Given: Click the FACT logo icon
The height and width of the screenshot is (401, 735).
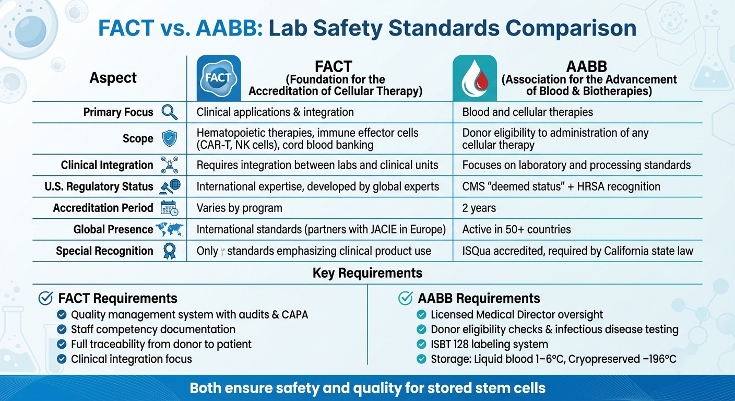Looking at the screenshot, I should tap(218, 78).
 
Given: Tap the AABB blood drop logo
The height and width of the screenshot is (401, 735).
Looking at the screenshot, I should tap(475, 78).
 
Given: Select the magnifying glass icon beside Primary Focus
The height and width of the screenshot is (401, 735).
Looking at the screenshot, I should tap(170, 112).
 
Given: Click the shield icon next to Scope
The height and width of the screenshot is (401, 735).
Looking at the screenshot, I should tap(170, 138).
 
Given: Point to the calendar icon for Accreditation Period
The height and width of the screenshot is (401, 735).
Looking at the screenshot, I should tap(170, 208).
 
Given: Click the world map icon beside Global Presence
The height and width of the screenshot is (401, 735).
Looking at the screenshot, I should tap(168, 229).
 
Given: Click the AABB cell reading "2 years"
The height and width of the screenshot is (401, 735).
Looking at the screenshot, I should tap(479, 208).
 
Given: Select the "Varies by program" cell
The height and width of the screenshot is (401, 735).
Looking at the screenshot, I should tap(239, 208).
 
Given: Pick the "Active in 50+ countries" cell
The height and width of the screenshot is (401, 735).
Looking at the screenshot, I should tap(516, 229).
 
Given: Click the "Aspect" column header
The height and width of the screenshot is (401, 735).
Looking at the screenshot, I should tap(113, 78).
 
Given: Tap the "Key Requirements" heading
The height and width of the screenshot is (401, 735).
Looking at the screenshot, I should tap(367, 273).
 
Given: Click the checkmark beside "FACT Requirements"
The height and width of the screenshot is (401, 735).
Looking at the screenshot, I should tap(46, 298).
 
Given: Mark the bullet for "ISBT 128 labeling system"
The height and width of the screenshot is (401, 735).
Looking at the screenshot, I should tap(422, 344).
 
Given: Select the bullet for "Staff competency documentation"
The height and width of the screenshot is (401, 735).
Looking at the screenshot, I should tap(61, 329).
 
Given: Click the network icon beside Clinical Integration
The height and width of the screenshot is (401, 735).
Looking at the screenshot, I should tap(170, 165).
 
